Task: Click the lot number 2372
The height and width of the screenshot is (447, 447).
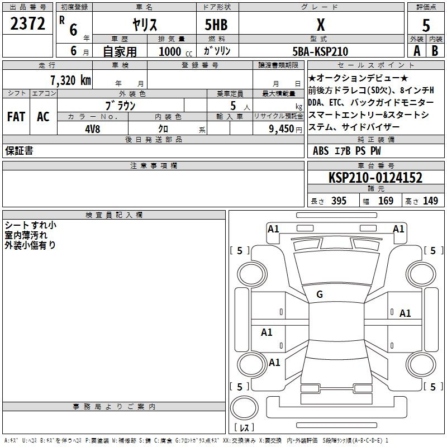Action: pyautogui.click(x=27, y=23)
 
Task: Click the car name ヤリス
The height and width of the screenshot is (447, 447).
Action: pyautogui.click(x=145, y=25)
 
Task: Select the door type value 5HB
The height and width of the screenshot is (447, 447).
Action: pyautogui.click(x=216, y=25)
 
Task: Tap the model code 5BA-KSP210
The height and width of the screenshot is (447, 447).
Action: pyautogui.click(x=320, y=51)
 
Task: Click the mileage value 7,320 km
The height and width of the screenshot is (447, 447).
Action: pyautogui.click(x=70, y=80)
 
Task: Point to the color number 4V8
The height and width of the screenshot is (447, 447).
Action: pyautogui.click(x=93, y=129)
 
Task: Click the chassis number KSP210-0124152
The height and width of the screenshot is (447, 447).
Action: pyautogui.click(x=375, y=178)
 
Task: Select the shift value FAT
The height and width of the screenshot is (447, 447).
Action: pyautogui.click(x=16, y=117)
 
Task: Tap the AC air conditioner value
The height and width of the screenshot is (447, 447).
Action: pyautogui.click(x=44, y=117)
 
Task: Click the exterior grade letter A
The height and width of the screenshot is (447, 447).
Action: pyautogui.click(x=417, y=51)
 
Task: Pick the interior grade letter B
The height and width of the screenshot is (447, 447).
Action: pyautogui.click(x=435, y=51)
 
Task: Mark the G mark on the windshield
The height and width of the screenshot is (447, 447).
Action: pyautogui.click(x=320, y=294)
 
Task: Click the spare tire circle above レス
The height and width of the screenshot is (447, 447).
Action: pyautogui.click(x=244, y=408)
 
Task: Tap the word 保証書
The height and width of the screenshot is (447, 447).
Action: pyautogui.click(x=19, y=151)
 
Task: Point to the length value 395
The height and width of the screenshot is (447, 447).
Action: pyautogui.click(x=339, y=201)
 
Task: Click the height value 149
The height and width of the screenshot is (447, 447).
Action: pyautogui.click(x=430, y=201)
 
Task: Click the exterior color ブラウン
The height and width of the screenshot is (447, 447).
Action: pyautogui.click(x=120, y=106)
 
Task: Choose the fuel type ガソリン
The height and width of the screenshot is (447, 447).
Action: pyautogui.click(x=217, y=51)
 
